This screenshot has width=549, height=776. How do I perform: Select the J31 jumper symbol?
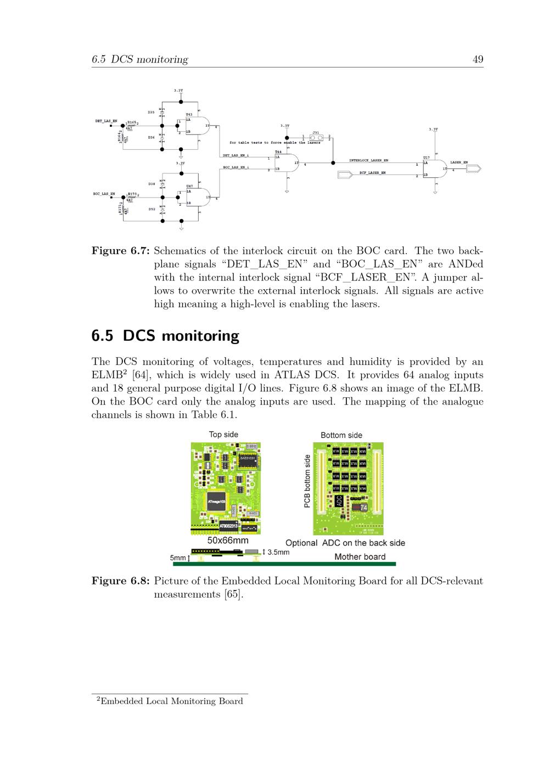pos(316,138)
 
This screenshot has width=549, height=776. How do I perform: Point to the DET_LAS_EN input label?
pos(106,121)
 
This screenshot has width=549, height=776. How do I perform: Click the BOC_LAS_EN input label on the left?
pos(104,194)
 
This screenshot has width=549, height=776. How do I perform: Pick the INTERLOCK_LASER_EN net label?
pos(368,160)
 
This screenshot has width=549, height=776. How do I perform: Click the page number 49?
pos(478,59)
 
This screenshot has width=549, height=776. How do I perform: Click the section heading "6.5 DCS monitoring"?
pos(165,336)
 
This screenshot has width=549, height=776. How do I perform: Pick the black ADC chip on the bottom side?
pos(339,501)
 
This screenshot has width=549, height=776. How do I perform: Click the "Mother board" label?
pos(360,556)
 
